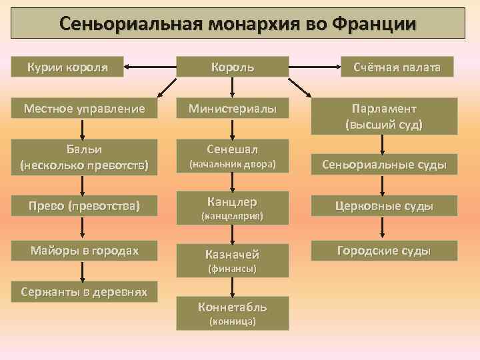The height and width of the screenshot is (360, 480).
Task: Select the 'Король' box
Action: [x=232, y=67]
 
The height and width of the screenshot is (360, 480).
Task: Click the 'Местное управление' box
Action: [x=83, y=108]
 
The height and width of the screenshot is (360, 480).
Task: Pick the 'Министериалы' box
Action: [x=232, y=108]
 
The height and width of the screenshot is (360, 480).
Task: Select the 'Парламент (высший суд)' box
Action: [x=384, y=116]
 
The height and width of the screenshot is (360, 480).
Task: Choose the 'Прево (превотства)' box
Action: [x=83, y=207]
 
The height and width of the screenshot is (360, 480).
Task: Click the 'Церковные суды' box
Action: [x=384, y=207]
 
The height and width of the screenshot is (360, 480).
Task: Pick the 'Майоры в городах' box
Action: [x=83, y=251]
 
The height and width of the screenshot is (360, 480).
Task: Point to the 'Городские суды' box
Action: [x=384, y=251]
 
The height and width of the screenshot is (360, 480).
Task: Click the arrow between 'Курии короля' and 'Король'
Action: [x=151, y=67]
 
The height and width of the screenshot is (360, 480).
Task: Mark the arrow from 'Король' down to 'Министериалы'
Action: [x=232, y=87]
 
